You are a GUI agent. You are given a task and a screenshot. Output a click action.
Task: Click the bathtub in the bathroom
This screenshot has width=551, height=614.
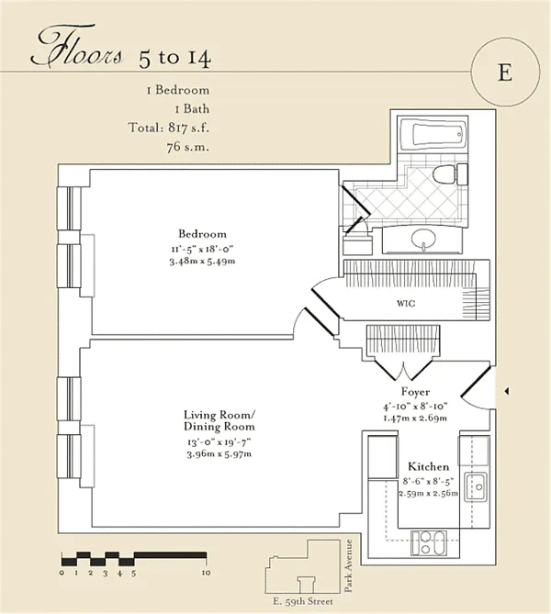point(433,134)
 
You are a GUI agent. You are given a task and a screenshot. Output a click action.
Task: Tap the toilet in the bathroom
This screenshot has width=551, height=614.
point(450,174)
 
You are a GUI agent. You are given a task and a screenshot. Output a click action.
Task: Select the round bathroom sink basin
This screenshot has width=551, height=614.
point(423,239)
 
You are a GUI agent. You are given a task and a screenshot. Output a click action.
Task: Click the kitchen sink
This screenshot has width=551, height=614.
point(476,486)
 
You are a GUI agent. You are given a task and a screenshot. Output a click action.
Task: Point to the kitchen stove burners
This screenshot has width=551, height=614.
point(428,542)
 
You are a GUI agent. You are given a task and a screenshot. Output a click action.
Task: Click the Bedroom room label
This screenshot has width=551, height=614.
point(202,234)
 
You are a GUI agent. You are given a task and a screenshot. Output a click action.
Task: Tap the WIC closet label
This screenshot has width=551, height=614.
point(406,303)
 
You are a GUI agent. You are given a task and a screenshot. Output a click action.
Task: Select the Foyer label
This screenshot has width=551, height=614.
point(415,392)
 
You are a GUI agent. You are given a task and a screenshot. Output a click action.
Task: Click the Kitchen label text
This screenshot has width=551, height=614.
point(428,466)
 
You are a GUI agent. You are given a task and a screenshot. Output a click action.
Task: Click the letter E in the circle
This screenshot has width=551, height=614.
point(505,73)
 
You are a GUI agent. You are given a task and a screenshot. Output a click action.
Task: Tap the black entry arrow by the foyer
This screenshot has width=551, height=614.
point(506,391)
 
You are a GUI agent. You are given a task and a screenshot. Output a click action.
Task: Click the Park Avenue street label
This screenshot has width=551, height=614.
point(348,565)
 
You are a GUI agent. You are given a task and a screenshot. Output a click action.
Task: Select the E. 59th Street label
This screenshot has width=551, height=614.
point(303,601)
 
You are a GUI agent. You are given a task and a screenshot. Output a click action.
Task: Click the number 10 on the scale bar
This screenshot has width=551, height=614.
point(206,573)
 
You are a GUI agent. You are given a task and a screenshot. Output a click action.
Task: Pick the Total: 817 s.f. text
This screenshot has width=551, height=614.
point(169,128)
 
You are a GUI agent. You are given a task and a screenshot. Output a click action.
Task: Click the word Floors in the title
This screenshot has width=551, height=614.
point(77,46)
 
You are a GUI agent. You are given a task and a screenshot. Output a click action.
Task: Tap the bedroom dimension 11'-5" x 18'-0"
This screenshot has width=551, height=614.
point(202,249)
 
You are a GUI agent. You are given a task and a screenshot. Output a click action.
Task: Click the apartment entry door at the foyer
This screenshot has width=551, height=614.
point(476,382)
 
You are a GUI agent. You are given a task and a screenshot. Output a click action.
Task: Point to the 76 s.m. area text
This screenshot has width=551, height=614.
point(188,147)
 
